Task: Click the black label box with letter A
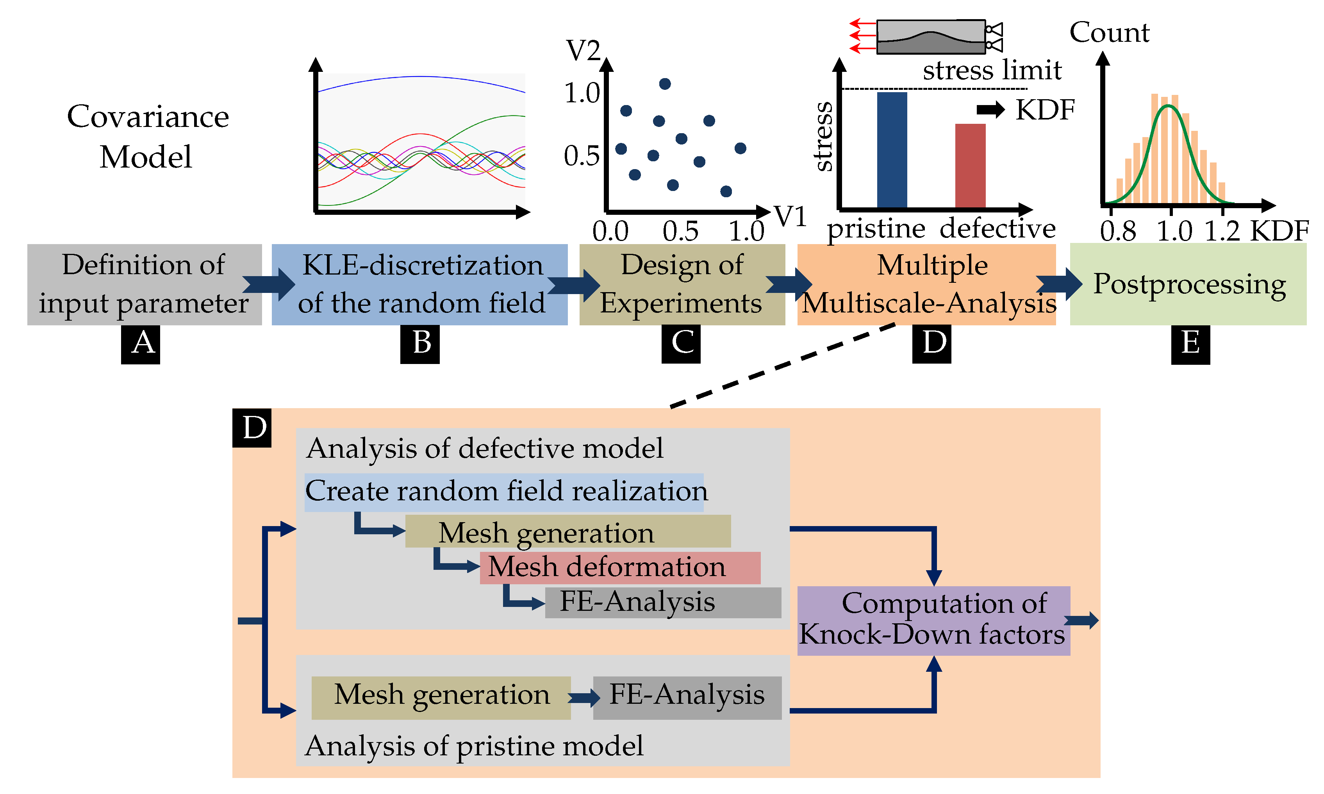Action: click(x=140, y=344)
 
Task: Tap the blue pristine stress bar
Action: click(x=892, y=150)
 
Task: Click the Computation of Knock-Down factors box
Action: click(x=933, y=620)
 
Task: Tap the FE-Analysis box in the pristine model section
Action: click(x=687, y=697)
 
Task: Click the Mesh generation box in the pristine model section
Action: click(x=441, y=697)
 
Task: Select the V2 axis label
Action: click(x=583, y=52)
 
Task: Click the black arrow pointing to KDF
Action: click(x=990, y=110)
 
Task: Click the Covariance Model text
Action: click(x=147, y=136)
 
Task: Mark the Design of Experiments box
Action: click(x=682, y=284)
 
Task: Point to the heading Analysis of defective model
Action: click(x=484, y=448)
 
